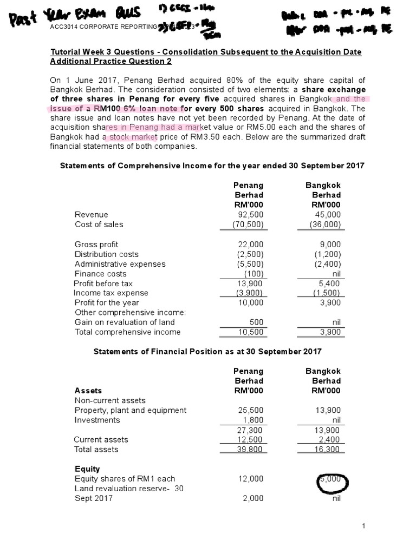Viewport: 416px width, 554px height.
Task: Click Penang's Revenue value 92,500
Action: pyautogui.click(x=251, y=215)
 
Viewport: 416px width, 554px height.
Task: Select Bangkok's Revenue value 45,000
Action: pyautogui.click(x=328, y=215)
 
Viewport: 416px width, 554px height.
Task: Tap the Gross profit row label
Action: pyautogui.click(x=96, y=245)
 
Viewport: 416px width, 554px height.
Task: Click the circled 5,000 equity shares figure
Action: pyautogui.click(x=331, y=478)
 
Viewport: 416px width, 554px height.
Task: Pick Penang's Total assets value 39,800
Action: pyautogui.click(x=251, y=450)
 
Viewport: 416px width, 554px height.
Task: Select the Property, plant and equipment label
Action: pyautogui.click(x=130, y=411)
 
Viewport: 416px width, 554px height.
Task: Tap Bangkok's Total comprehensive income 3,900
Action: pyautogui.click(x=330, y=332)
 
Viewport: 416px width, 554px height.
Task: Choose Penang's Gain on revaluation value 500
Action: pyautogui.click(x=256, y=322)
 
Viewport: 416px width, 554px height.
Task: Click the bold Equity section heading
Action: pyautogui.click(x=87, y=469)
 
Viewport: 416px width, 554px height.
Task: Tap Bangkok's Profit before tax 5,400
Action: pyautogui.click(x=330, y=283)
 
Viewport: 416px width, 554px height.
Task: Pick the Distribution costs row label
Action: pyautogui.click(x=106, y=254)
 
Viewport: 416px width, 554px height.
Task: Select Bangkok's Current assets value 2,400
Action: pyautogui.click(x=330, y=440)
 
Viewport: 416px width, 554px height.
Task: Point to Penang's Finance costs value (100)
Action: pyautogui.click(x=253, y=274)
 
